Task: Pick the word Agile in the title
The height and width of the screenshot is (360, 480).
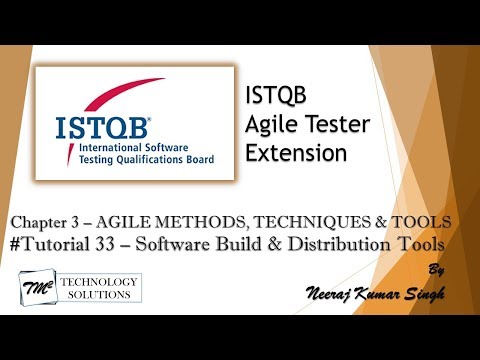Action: click(x=270, y=125)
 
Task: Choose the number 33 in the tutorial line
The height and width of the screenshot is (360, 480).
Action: click(x=131, y=244)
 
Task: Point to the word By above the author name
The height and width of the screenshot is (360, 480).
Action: click(x=434, y=269)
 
